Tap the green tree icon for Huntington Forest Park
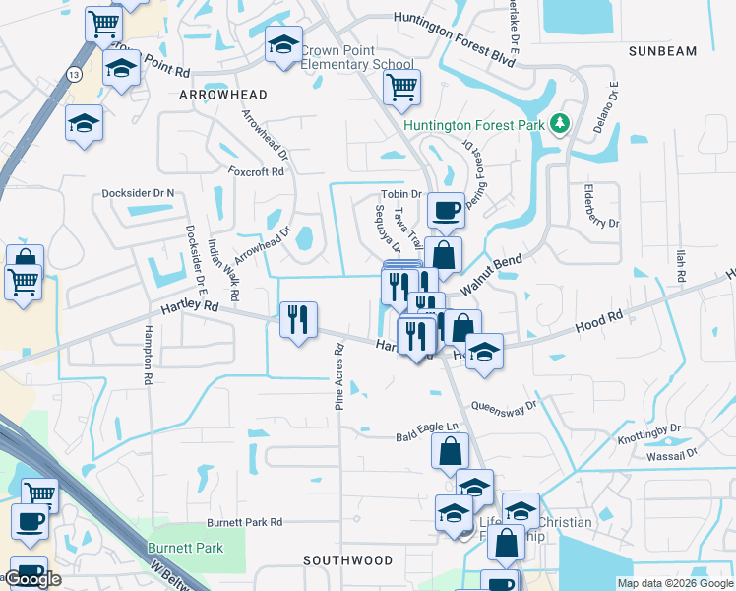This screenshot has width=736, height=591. click(x=560, y=123)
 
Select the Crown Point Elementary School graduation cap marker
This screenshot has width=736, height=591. click(x=283, y=45)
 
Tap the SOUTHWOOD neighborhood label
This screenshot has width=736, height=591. click(x=347, y=560)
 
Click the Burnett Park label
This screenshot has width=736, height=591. click(x=185, y=548)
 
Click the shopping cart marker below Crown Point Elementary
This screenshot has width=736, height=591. click(x=401, y=87)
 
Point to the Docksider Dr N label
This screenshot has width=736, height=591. click(x=138, y=193)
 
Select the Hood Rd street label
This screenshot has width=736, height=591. click(x=600, y=319)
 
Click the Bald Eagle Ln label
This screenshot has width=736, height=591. click(x=427, y=428)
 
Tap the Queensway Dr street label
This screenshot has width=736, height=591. click(x=504, y=404)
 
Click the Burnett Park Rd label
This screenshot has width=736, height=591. click(x=244, y=522)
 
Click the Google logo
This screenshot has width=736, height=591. click(x=33, y=579)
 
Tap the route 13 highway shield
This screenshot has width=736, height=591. click(x=74, y=74)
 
